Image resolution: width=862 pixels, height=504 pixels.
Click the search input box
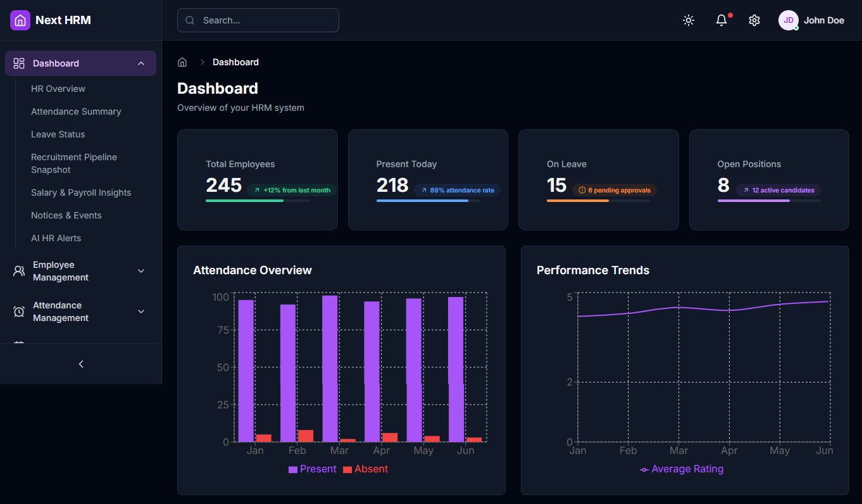(x=258, y=20)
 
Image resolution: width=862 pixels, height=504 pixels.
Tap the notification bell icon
(x=721, y=20)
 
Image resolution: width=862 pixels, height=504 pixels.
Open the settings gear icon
(x=754, y=20)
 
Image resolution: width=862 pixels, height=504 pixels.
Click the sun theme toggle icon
(x=689, y=20)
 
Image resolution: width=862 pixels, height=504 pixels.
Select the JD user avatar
(x=788, y=20)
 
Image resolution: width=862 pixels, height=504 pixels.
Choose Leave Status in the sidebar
(x=58, y=134)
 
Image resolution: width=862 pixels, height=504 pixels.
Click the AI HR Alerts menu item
(x=56, y=238)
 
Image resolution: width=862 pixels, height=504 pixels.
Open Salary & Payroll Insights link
(x=81, y=192)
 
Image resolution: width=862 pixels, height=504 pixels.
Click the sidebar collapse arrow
(x=81, y=364)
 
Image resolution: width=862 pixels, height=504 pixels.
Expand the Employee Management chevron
(x=141, y=271)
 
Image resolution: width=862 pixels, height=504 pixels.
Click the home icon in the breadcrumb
(x=182, y=62)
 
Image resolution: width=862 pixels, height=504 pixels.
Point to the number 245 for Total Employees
(x=223, y=185)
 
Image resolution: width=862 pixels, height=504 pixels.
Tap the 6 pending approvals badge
(x=615, y=190)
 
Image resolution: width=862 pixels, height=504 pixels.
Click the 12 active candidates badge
(x=778, y=190)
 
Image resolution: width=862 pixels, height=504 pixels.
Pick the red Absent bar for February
(x=306, y=436)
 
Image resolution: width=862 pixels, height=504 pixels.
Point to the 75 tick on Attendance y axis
(x=222, y=330)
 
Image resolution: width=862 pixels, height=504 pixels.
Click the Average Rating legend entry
(x=682, y=469)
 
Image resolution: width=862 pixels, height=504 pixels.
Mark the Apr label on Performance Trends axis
(x=729, y=451)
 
